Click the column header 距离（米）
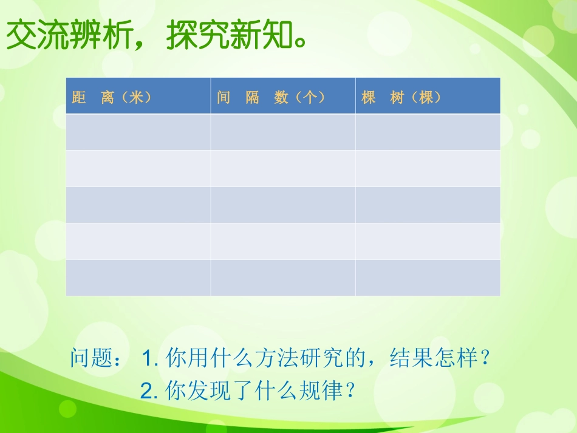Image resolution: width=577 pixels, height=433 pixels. coord(112,98)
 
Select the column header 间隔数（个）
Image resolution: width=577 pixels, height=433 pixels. coord(270,98)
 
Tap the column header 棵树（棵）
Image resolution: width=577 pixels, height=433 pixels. coord(401,98)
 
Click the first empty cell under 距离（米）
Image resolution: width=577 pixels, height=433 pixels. coord(138,132)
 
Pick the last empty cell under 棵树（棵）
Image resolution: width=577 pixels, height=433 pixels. coord(428,278)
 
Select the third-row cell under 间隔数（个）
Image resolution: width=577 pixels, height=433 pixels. coord(283,205)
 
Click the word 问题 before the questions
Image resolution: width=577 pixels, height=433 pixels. coord(92,357)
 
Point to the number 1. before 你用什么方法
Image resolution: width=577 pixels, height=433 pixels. coord(150,358)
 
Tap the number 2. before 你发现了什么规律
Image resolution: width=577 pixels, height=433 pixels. coord(149,390)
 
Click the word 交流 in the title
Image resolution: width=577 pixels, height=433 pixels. coord(38,35)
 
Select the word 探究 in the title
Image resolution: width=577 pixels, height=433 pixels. coord(197,35)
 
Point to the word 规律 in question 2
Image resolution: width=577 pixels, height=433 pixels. coord(321,390)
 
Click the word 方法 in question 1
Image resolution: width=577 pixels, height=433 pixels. coord(277,357)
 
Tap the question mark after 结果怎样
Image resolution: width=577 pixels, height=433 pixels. coord(486,357)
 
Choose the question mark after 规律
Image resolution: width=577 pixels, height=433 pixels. coord(350,390)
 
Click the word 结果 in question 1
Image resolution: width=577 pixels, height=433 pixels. coord(411,357)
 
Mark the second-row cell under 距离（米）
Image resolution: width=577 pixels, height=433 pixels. coord(138,168)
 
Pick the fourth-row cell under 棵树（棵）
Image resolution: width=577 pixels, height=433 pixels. coord(428,241)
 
